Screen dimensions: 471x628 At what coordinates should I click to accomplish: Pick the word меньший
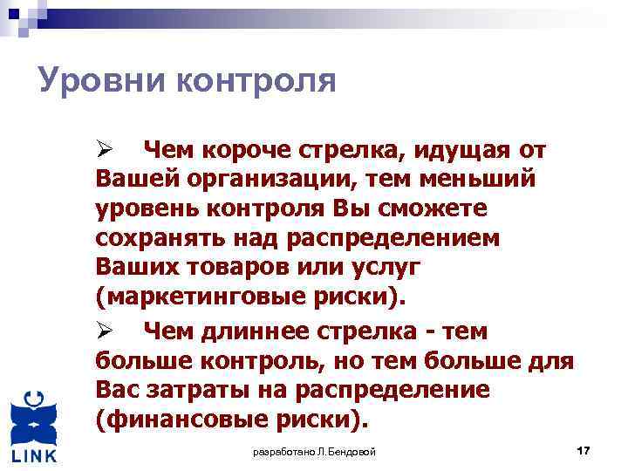click(492, 180)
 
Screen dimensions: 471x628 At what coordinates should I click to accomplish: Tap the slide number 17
click(584, 450)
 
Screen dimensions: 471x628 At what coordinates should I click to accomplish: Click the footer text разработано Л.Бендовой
click(314, 452)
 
